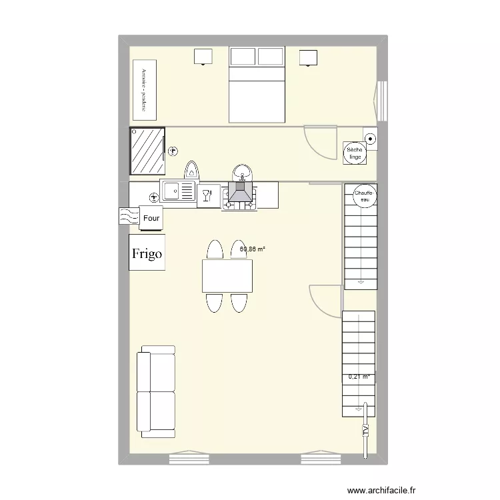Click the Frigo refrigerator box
[x=146, y=253]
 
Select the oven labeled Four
[x=151, y=217]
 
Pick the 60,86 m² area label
[x=253, y=249]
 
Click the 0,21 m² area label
[x=359, y=377]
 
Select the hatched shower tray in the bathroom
[x=147, y=151]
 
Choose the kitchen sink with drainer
[x=178, y=192]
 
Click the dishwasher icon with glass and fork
[x=208, y=195]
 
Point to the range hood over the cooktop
[x=240, y=193]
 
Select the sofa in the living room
[x=155, y=391]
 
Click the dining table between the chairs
[x=227, y=276]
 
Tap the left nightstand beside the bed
[x=203, y=57]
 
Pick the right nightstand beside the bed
[x=308, y=58]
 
